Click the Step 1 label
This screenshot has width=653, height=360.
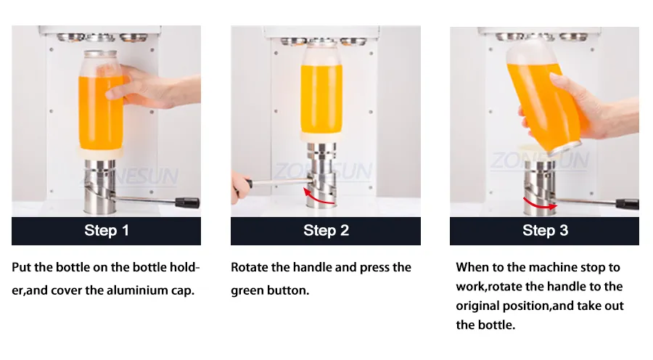click(107, 230)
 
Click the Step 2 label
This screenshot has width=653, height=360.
click(326, 230)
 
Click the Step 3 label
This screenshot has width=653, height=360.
click(545, 230)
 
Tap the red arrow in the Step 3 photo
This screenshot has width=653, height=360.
click(538, 205)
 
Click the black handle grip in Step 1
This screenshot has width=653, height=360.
click(187, 203)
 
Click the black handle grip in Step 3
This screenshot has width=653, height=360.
click(627, 204)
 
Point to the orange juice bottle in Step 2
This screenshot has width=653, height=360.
click(321, 94)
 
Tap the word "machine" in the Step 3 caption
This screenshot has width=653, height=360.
click(553, 267)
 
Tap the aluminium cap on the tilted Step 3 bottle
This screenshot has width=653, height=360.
click(565, 150)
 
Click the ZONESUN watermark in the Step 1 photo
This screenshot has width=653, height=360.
click(130, 176)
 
